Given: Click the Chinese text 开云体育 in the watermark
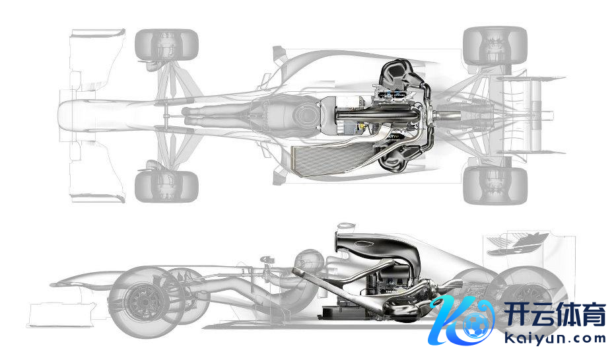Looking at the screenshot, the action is [x=555, y=314].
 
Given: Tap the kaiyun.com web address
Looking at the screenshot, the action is [x=555, y=338].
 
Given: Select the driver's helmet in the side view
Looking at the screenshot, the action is [x=310, y=261].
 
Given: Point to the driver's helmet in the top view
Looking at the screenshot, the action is [x=305, y=115].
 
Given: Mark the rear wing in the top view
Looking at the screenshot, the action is [x=532, y=116].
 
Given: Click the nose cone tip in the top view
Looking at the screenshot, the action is [x=62, y=116].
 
